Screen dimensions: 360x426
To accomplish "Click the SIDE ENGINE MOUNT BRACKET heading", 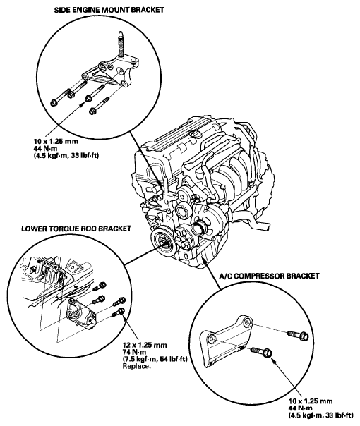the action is click(109, 10).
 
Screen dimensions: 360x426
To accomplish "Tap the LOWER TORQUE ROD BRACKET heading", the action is click(76, 229).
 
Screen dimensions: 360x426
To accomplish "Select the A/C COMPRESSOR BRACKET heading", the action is click(269, 276).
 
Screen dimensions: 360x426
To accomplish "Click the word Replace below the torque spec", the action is click(136, 366).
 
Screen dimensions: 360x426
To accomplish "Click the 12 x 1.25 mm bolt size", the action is click(145, 346).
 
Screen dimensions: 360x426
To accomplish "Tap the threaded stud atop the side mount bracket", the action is click(121, 45).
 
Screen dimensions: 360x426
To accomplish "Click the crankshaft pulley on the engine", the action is click(162, 241).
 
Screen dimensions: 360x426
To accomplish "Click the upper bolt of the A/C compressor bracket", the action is click(298, 335).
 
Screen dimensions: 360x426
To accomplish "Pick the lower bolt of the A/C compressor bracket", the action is click(262, 353).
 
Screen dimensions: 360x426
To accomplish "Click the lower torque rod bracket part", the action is click(80, 313).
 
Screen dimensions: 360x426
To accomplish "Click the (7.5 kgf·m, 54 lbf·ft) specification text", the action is click(155, 359).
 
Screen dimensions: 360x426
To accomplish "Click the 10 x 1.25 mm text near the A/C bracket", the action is click(311, 401).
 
